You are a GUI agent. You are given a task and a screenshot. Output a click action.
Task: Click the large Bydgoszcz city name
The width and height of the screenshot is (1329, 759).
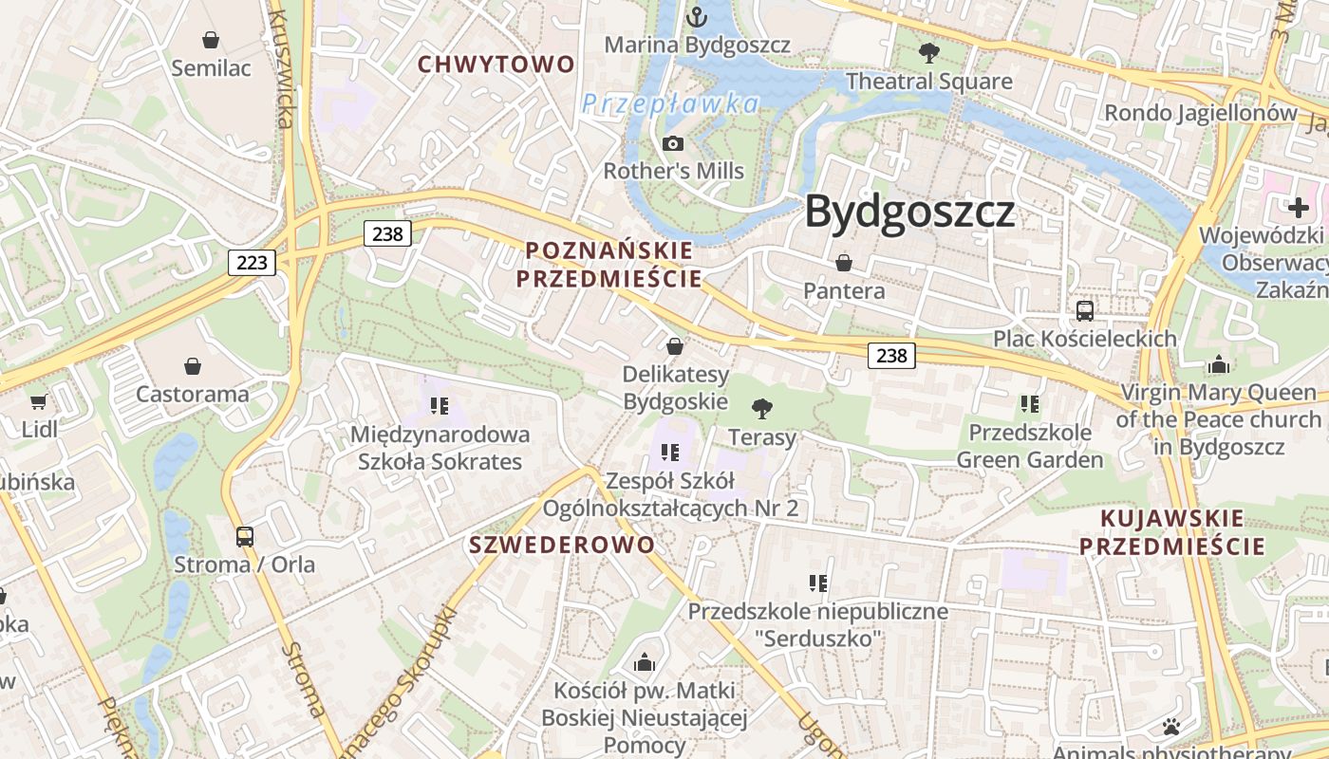pos(909,213)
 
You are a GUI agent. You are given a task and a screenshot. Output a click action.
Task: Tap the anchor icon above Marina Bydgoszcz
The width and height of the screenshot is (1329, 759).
pos(697,17)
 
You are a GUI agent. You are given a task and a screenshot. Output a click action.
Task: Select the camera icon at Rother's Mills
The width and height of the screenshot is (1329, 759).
pos(673,143)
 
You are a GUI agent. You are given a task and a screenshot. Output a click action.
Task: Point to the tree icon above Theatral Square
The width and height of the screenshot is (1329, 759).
pos(929,53)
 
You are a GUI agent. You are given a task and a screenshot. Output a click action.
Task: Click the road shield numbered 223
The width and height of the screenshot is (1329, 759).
pos(252,262)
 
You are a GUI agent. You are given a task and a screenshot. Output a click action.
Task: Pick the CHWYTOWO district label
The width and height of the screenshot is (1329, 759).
pos(496,65)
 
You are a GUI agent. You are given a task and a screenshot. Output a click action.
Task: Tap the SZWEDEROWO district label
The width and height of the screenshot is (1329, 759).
pos(562,545)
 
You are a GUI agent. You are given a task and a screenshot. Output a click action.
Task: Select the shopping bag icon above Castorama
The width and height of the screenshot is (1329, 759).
pos(193,366)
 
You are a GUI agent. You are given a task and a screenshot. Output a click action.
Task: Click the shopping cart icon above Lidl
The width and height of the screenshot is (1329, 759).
pos(39,401)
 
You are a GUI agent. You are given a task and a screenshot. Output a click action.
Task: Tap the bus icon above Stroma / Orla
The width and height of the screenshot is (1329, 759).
pos(245,536)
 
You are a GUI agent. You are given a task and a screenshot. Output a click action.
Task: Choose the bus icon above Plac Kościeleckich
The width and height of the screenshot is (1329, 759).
pos(1084,310)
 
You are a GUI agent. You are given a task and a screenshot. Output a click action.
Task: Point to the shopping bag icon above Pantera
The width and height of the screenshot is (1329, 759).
pos(844,263)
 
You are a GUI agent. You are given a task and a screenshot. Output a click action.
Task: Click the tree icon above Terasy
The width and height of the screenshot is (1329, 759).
pos(761,409)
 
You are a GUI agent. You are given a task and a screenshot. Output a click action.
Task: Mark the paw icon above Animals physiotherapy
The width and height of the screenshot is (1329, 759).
pos(1171,728)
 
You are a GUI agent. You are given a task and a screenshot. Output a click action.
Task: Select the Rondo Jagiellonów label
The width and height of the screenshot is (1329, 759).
pos(1200,113)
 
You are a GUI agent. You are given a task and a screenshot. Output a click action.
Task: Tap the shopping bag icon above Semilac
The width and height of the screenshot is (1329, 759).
pos(211,40)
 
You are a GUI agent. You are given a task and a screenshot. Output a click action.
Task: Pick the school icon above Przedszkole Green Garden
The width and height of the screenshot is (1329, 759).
pos(1030,404)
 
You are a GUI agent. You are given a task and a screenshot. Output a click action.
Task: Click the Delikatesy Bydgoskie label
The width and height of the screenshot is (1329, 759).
pos(675,387)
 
